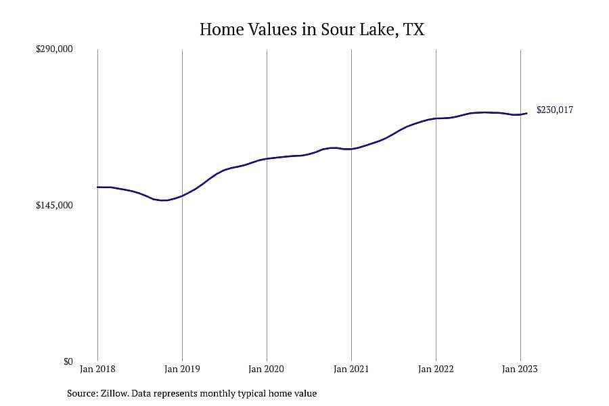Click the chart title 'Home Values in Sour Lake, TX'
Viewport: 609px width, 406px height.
312,30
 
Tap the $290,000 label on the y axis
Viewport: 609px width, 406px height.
54,49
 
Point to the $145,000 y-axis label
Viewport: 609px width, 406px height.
54,205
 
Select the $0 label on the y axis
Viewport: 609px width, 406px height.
68,361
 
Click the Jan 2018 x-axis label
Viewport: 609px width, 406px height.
97,369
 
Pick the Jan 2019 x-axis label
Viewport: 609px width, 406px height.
182,369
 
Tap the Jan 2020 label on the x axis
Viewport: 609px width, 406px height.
267,369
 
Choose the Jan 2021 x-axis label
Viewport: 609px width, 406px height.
351,369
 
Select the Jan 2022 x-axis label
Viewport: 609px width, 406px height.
436,369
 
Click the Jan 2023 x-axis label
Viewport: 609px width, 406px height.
520,369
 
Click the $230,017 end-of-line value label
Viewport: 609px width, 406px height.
555,110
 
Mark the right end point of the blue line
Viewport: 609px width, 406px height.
526,114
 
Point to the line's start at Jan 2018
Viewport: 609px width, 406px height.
97,187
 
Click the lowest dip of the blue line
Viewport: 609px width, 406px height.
164,200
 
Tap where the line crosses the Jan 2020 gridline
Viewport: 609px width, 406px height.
267,158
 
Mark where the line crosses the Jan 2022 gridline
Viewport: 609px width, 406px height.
436,118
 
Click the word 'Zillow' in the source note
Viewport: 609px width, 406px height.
114,394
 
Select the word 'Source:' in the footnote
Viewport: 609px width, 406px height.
83,394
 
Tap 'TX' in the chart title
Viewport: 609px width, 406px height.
413,30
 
